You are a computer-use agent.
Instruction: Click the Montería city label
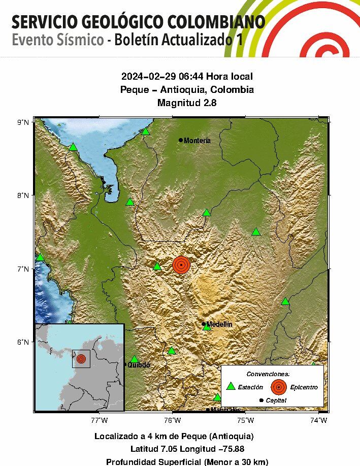197,141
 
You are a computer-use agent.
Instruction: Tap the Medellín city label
219,324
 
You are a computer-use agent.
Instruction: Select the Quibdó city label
139,364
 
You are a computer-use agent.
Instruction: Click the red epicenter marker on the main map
181,264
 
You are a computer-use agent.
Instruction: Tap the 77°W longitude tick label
99,420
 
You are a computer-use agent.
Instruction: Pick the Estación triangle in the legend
231,386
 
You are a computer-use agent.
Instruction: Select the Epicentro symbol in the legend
279,387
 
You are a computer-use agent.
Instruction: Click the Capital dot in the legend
261,401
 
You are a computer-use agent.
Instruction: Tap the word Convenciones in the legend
268,374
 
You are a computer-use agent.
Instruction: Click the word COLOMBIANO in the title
218,22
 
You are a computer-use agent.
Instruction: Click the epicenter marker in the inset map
81,359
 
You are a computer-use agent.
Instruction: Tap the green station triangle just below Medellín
207,327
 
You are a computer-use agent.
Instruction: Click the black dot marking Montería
181,140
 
